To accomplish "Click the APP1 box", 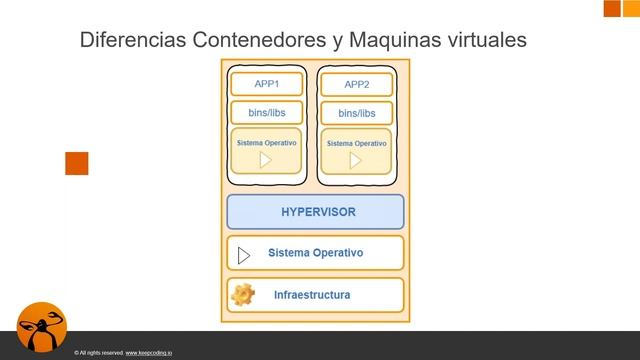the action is coord(265,83).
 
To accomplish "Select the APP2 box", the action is coord(356,85).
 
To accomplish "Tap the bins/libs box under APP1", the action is coord(266,112).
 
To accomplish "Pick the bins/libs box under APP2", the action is coord(356,114).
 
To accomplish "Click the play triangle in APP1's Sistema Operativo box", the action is coord(265,160).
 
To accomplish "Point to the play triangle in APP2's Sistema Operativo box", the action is coord(355,160).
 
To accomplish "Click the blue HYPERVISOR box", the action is coord(315,212).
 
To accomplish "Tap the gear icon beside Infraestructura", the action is coord(243,295).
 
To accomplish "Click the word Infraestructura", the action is coord(312,295).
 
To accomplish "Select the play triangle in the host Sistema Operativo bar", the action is coord(243,255).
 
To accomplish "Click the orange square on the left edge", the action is coord(77,163).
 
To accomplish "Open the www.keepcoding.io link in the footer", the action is coord(151,353).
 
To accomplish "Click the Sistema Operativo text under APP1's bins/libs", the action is coord(266,143).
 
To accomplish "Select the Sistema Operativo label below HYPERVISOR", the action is coord(315,253).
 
